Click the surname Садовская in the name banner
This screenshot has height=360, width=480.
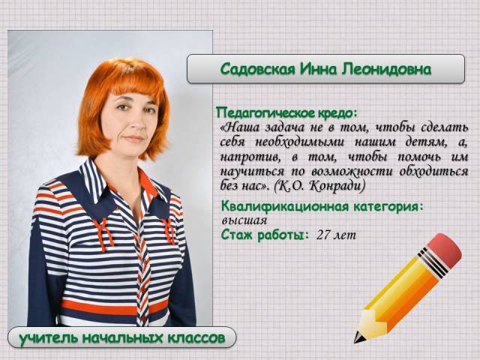tap(258, 69)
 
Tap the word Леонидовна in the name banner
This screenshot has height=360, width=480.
tap(387, 69)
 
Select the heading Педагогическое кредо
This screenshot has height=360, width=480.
tap(286, 113)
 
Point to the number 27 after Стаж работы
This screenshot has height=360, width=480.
tap(323, 235)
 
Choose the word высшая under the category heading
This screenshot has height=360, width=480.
tap(244, 220)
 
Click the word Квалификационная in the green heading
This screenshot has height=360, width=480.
tap(285, 207)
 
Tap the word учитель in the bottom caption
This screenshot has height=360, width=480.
tap(49, 338)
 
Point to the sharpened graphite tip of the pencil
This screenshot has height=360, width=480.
tap(358, 338)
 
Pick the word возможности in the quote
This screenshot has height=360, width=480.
tap(352, 172)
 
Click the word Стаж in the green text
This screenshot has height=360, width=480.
tap(237, 235)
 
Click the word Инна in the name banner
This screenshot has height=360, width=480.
tap(319, 70)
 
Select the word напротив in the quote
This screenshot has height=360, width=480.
tap(250, 157)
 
